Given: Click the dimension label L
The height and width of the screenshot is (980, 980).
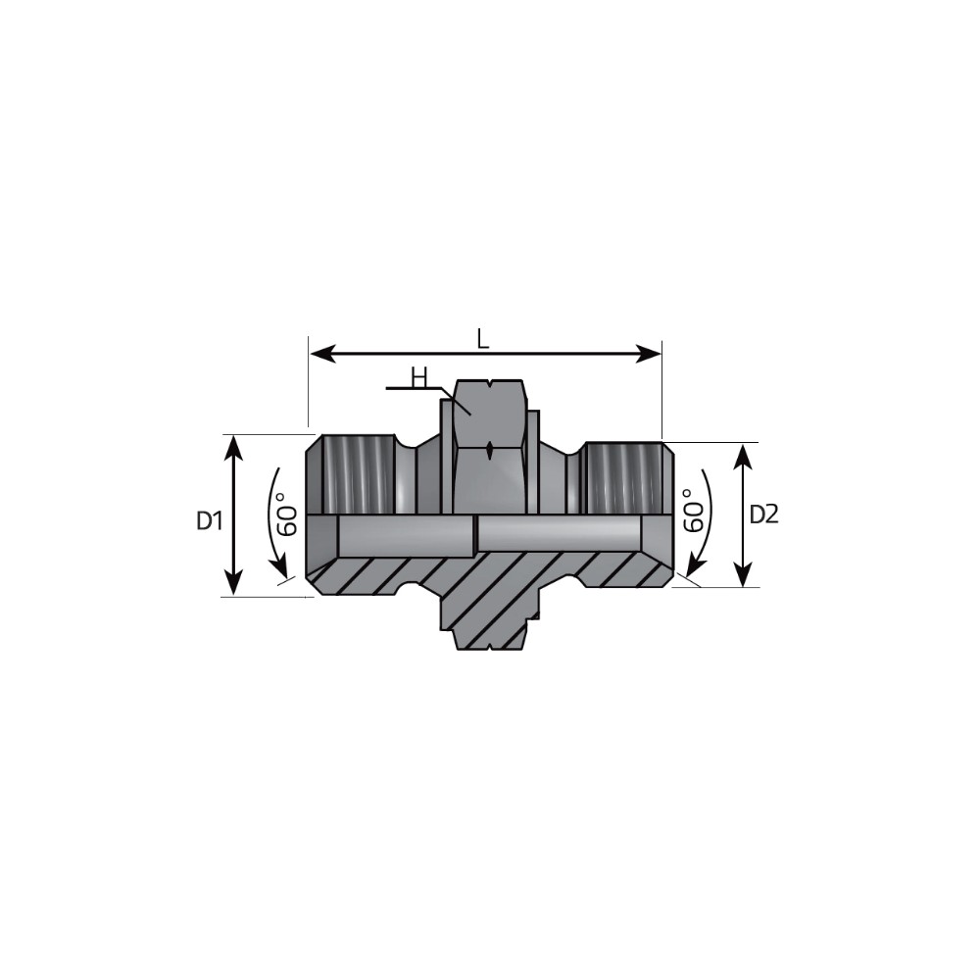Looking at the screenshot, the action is (x=482, y=339).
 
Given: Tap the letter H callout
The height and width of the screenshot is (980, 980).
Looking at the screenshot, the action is (x=418, y=377).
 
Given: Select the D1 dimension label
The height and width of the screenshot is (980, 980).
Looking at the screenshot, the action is (x=210, y=520).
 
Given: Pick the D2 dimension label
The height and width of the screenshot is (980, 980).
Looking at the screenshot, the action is (x=763, y=515).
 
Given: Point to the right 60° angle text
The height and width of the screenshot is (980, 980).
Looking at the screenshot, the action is (x=694, y=510).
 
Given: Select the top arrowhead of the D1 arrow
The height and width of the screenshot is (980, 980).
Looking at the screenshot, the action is (x=233, y=446).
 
